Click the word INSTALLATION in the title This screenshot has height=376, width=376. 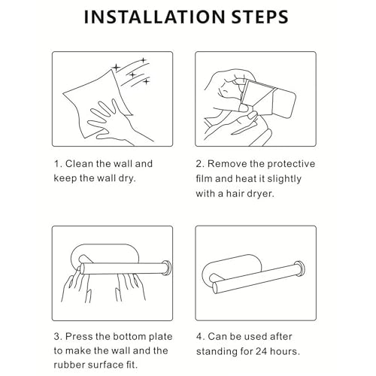tap(155, 17)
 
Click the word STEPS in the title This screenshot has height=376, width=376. tap(259, 17)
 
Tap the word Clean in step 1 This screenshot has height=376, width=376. tap(79, 164)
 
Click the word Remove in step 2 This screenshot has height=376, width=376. tap(227, 164)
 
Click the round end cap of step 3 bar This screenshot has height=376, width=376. tap(166, 268)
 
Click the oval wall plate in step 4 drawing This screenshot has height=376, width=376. tap(232, 268)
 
